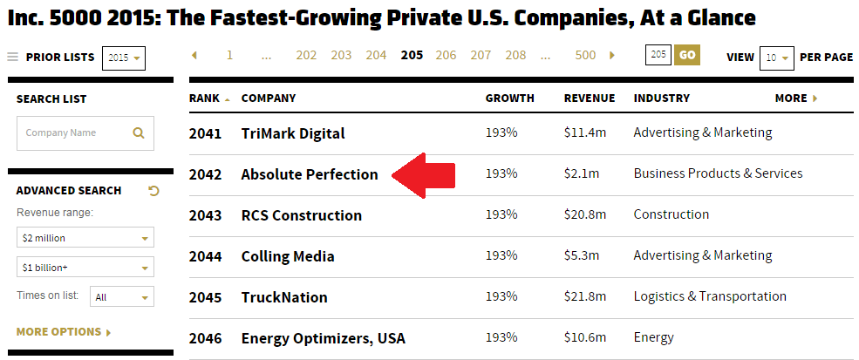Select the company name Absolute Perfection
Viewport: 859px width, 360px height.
coord(310,174)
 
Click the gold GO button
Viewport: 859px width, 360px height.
coord(686,56)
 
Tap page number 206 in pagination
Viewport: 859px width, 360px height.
coord(446,56)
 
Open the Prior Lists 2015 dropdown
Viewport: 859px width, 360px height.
coord(124,58)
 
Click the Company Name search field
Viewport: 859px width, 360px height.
coord(74,133)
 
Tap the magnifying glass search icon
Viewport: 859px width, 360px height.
coord(138,133)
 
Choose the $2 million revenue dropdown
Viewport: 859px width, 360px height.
coord(85,238)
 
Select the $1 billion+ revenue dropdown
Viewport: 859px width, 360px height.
coord(85,267)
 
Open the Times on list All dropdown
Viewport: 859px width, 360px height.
coord(121,297)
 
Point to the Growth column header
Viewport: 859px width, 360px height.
coord(509,98)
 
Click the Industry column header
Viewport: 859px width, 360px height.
coord(661,98)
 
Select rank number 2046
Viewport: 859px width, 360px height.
coord(205,338)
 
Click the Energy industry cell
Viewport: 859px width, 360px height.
coord(653,337)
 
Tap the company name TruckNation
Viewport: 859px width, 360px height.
coord(284,297)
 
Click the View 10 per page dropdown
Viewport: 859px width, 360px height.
coord(775,58)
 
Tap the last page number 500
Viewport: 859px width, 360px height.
coord(585,56)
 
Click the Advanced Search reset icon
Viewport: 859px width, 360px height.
coord(154,191)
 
